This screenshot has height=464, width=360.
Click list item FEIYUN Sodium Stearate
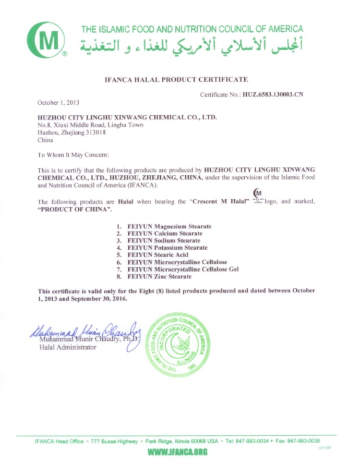[161, 241]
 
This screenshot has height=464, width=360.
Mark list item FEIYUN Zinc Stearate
[158, 276]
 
